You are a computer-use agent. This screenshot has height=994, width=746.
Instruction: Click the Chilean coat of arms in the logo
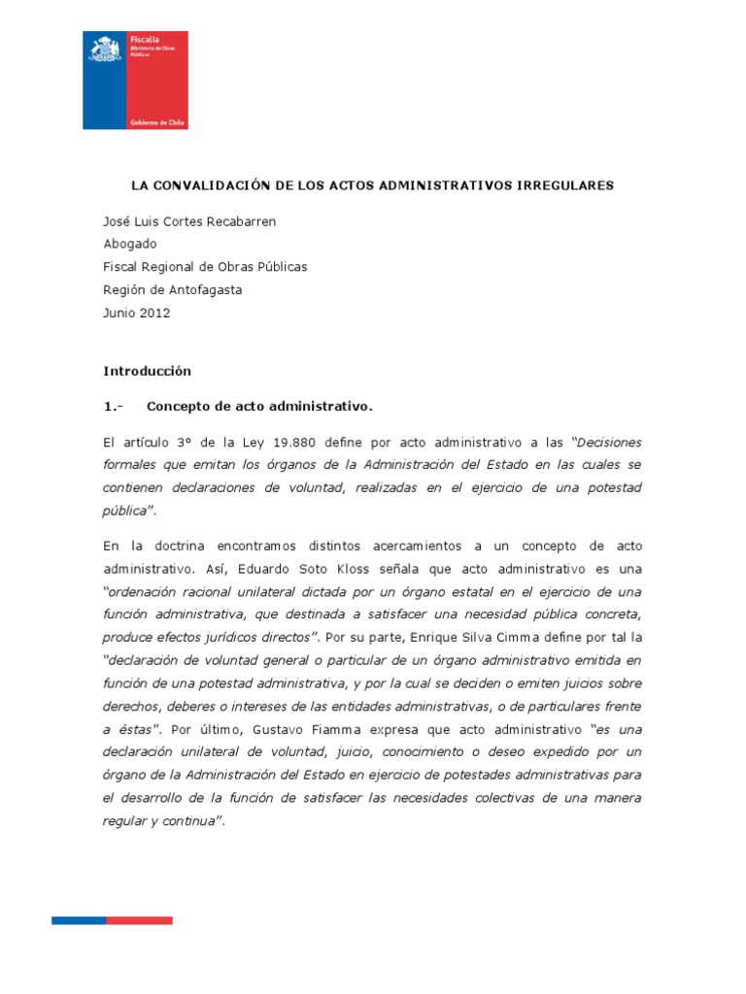[x=104, y=49]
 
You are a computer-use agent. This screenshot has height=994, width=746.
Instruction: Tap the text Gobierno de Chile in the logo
[x=157, y=123]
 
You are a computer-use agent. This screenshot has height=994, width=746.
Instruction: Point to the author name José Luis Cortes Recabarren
[x=189, y=221]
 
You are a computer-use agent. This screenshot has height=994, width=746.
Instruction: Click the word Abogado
[x=129, y=244]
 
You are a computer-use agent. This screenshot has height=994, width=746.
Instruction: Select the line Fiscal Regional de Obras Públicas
[x=205, y=266]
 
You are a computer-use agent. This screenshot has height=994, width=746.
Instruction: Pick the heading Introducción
[x=148, y=371]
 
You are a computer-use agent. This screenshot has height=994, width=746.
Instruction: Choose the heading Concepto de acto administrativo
[x=259, y=405]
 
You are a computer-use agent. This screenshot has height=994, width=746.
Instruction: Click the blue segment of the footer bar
[x=79, y=920]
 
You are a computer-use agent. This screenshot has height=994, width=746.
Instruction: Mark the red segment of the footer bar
[x=139, y=920]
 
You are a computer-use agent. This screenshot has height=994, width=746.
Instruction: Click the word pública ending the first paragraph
[x=125, y=509]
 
